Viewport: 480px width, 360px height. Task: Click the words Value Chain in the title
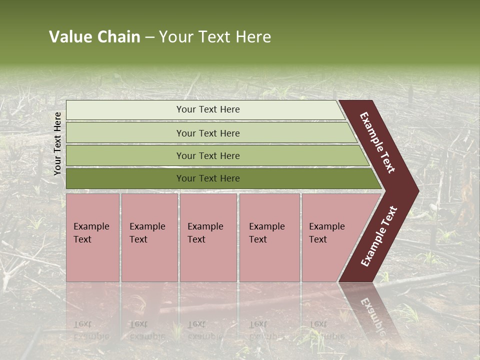(x=94, y=37)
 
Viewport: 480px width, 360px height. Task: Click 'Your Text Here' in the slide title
(x=215, y=37)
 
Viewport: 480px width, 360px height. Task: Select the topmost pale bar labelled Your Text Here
(x=208, y=109)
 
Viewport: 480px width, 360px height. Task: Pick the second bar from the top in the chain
(x=208, y=133)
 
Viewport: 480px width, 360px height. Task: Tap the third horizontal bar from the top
(x=208, y=155)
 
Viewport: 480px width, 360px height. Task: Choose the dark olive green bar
(x=208, y=178)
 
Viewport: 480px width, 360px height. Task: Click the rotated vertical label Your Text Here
(x=57, y=143)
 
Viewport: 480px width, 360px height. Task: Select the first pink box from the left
(x=92, y=237)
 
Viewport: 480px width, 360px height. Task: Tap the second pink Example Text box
(x=149, y=237)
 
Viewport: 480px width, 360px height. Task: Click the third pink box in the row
(x=208, y=237)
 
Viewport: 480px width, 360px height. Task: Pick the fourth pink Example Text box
(x=269, y=237)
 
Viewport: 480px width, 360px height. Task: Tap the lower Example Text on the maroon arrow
(x=379, y=236)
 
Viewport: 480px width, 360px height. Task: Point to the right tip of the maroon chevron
(x=417, y=190)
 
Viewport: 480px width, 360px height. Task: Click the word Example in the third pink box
(x=205, y=226)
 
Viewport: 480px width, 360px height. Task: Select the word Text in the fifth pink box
(x=318, y=239)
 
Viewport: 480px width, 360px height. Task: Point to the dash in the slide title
(x=149, y=37)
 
